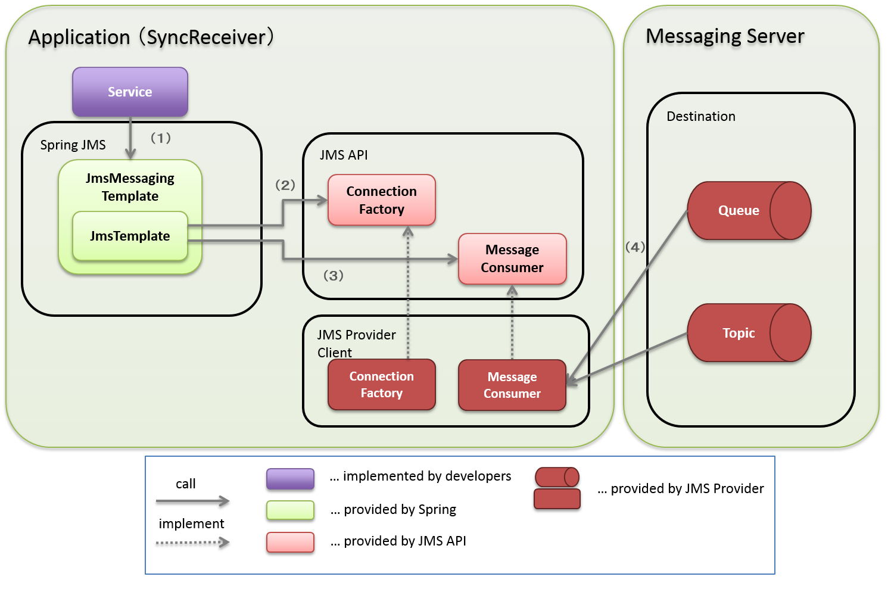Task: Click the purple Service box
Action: tap(130, 92)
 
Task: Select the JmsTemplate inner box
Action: tap(130, 236)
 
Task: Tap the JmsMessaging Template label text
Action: tap(130, 187)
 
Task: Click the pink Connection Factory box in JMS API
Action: tap(381, 200)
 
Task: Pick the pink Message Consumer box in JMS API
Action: tap(512, 258)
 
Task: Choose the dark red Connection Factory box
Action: tap(381, 385)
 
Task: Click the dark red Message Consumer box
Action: tap(512, 385)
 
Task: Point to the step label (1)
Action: tap(160, 138)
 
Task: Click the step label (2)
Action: tap(285, 185)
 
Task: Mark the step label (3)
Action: tap(333, 276)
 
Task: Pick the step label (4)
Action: tap(635, 247)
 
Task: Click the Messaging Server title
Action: tap(725, 36)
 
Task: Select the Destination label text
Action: tap(700, 117)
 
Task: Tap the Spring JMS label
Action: tap(73, 145)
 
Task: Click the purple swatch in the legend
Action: tap(290, 479)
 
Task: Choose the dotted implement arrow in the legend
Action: tap(192, 543)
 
